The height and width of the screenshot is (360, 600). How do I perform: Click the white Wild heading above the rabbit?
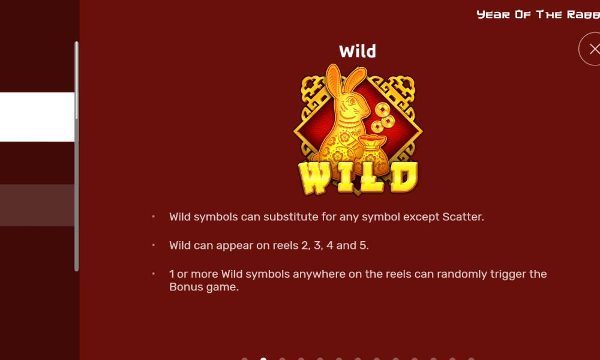pos(358,51)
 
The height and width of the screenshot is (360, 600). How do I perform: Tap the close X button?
pos(593,49)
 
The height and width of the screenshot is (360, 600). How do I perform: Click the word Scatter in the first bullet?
pos(463,217)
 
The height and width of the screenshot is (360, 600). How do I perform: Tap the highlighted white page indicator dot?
pos(263,358)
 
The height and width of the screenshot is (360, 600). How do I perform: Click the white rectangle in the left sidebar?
pos(37,117)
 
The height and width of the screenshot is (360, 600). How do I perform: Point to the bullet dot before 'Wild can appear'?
pos(154,245)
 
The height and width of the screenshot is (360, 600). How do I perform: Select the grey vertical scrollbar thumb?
pos(77,156)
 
